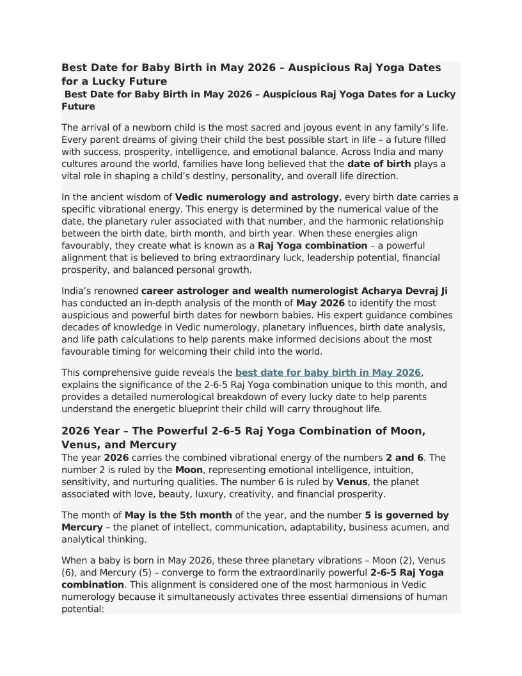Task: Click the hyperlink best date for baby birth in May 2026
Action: point(328,373)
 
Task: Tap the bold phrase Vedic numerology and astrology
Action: point(257,197)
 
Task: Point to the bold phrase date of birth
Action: point(379,164)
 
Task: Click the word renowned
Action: point(118,291)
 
